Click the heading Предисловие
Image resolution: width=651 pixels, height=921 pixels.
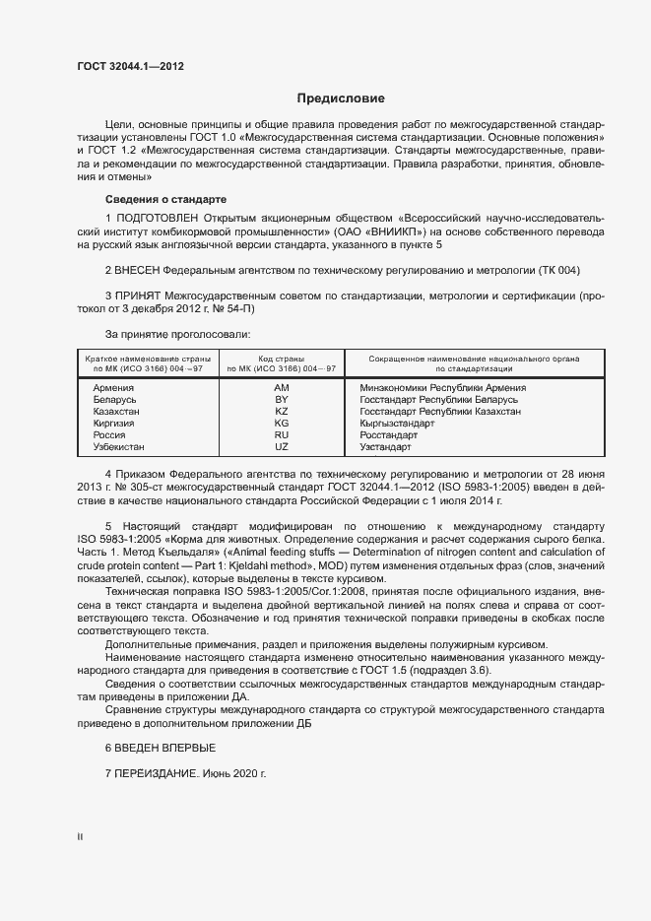coord(341,99)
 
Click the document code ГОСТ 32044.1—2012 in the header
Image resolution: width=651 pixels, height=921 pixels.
coord(130,66)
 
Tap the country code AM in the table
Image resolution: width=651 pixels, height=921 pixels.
coord(281,388)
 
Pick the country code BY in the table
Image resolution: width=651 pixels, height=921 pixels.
coord(281,400)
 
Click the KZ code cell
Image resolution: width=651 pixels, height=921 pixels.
coord(281,412)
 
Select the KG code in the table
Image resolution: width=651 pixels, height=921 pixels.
coord(281,424)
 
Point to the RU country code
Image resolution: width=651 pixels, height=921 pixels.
coord(281,435)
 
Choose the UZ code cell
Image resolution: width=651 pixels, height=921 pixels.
coord(281,447)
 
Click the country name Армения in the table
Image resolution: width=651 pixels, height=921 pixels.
coord(113,388)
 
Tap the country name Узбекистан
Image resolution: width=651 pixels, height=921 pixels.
coord(118,447)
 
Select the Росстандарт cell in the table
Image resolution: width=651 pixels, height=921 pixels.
coord(389,435)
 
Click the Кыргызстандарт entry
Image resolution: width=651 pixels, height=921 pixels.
coord(398,424)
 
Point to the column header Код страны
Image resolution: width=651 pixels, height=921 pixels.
coord(281,359)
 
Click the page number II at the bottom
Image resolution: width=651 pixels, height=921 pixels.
coord(80,837)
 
